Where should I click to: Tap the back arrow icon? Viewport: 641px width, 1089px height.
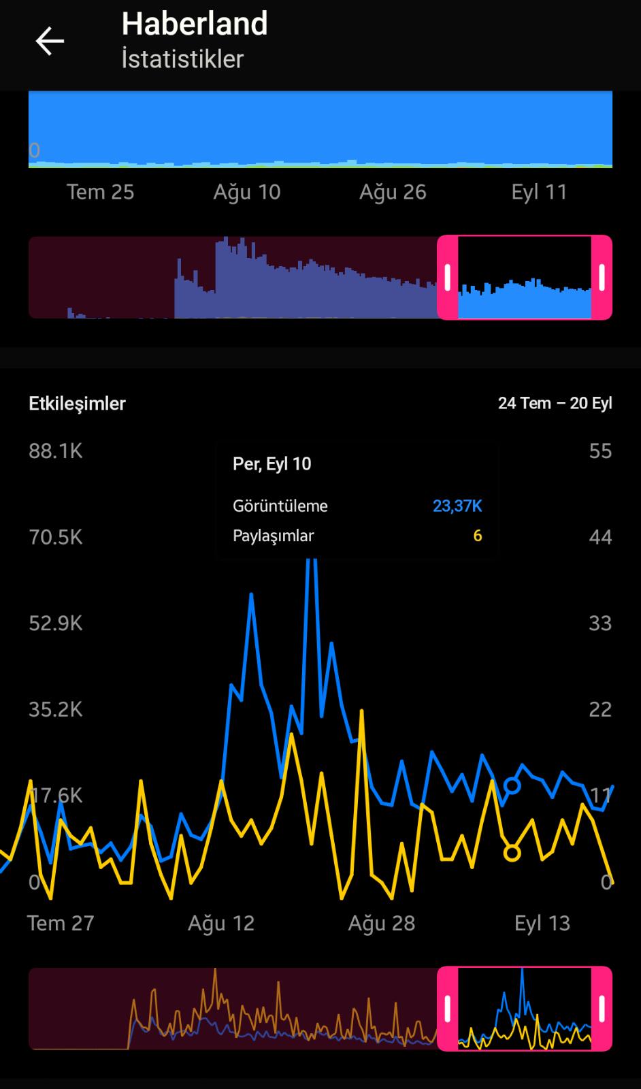coord(50,41)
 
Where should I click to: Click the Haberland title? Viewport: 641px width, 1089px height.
coord(195,23)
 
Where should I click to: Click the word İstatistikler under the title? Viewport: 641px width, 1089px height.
coord(182,59)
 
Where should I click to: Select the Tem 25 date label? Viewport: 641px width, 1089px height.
coord(100,192)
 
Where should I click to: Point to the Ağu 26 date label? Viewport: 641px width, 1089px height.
coord(393,193)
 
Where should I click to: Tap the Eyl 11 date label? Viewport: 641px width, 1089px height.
coord(539,193)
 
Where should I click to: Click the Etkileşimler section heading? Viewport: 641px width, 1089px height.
coord(78,404)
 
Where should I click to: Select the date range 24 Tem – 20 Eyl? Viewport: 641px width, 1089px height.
coord(555,403)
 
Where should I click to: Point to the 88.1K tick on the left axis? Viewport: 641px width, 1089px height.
coord(55,451)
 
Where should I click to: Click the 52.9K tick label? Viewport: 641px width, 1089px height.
coord(55,623)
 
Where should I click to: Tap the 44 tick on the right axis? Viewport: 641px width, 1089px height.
coord(600,537)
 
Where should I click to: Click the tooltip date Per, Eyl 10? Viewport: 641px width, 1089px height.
coord(272,464)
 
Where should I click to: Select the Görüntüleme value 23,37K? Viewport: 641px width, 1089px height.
coord(457,506)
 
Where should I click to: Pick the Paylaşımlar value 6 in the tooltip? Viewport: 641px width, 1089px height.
coord(478,536)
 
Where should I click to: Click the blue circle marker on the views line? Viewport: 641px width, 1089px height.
coord(512,785)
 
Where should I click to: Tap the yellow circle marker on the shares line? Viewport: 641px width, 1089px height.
coord(512,853)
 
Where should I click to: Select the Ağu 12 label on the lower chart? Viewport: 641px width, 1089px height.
coord(221,923)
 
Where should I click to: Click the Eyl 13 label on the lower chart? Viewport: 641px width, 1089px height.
coord(542,923)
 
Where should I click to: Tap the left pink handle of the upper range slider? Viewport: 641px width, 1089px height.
coord(448,278)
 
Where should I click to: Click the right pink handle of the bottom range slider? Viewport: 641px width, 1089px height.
coord(602,1009)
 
